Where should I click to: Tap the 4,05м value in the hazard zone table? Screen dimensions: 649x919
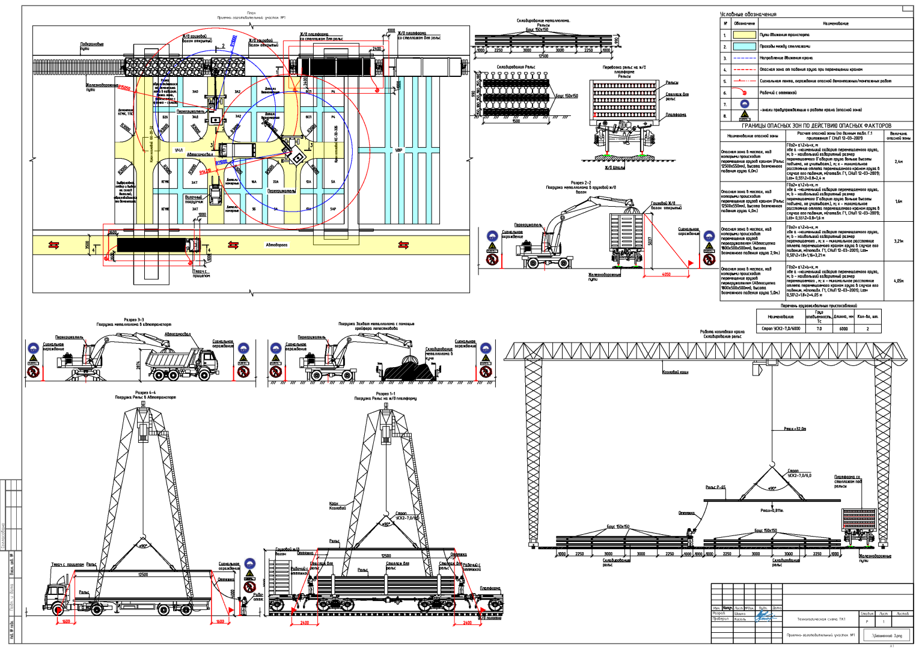(898, 281)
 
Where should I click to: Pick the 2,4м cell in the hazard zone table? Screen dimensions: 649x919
(898, 162)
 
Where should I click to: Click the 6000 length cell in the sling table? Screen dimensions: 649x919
(843, 329)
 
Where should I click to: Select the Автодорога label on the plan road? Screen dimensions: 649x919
(276, 245)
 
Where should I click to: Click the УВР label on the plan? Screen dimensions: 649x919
(398, 150)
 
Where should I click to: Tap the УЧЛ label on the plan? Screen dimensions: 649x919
(179, 150)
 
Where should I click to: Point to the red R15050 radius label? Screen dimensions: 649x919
(124, 88)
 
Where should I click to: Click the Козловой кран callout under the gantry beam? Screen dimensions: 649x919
(675, 372)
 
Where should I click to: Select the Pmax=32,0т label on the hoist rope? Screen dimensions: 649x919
(795, 429)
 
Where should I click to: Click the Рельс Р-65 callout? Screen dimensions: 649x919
(715, 487)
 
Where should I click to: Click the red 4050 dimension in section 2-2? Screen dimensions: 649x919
(666, 274)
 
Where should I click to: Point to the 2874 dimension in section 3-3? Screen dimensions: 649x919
(138, 365)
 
